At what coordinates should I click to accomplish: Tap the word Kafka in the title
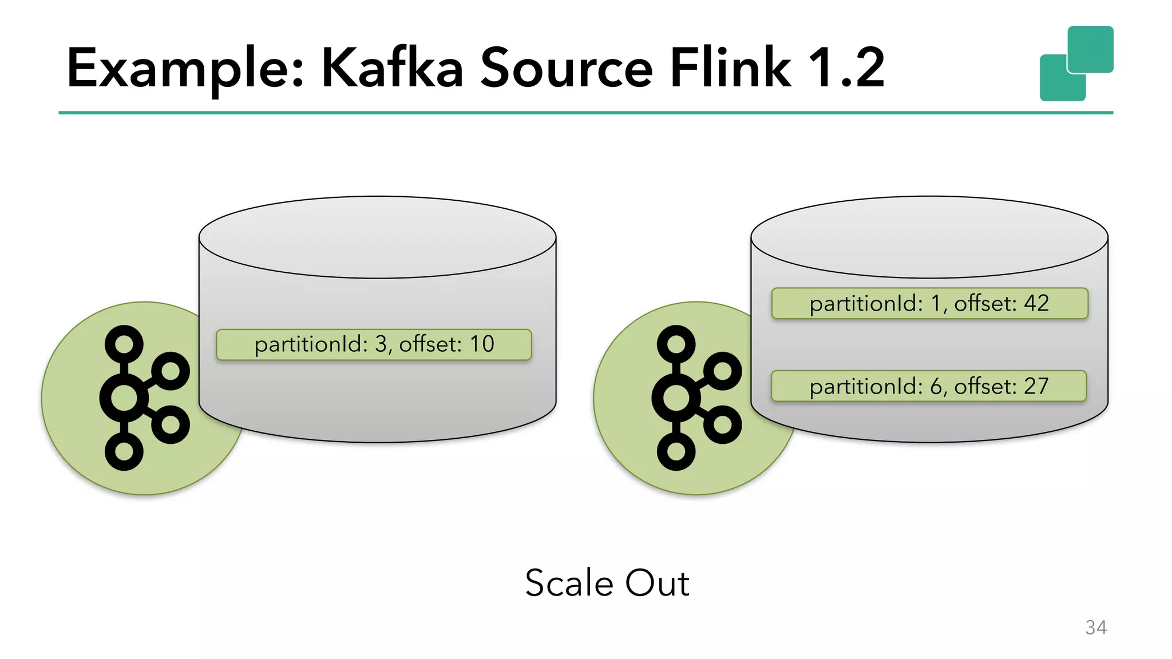392,69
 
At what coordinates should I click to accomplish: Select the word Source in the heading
566,69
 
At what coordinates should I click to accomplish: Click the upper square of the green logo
1090,49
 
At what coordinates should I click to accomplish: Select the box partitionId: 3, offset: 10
374,344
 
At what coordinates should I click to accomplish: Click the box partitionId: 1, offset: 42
929,303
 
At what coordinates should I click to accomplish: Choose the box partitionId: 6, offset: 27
928,386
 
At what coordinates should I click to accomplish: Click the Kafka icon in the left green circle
143,398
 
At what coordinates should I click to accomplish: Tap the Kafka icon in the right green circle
695,398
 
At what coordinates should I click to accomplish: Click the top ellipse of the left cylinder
378,237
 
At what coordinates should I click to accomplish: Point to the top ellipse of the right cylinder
929,237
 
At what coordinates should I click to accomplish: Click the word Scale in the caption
569,583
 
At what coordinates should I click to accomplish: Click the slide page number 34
1095,628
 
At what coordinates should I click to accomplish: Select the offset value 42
1036,303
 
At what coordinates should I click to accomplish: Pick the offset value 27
1036,386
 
